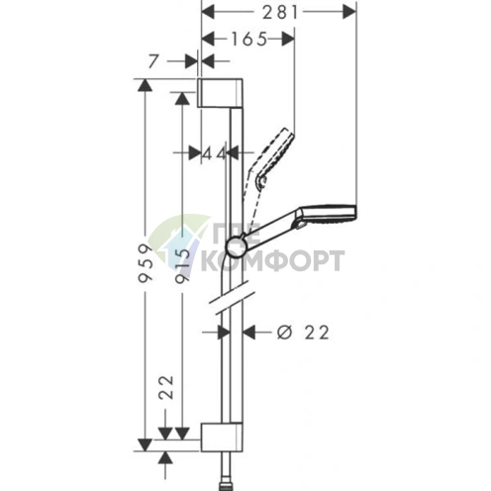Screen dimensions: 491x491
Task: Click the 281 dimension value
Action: tap(280, 13)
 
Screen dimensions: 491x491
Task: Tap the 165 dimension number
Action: tap(248, 40)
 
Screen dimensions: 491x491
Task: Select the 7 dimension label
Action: tap(152, 61)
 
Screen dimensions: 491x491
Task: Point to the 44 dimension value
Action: tap(214, 153)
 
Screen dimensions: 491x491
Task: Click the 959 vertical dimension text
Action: tap(147, 263)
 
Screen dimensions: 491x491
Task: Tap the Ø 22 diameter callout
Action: tap(303, 333)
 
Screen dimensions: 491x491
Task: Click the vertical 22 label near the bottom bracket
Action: tap(166, 387)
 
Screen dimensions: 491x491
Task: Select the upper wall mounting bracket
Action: tap(220, 93)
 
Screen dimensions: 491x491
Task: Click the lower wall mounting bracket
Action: tap(222, 437)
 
